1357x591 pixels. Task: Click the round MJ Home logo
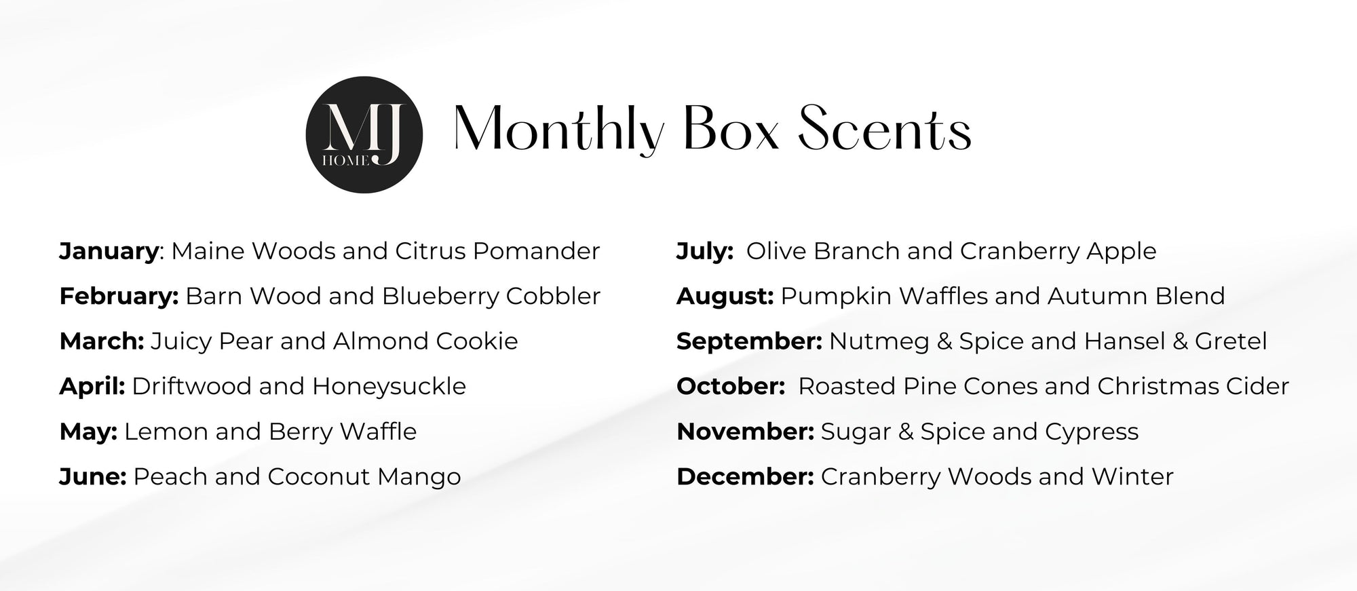pyautogui.click(x=364, y=134)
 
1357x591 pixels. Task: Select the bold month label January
pyautogui.click(x=109, y=252)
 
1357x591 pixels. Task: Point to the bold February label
pyautogui.click(x=119, y=297)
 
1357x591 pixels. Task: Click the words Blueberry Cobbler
pyautogui.click(x=491, y=296)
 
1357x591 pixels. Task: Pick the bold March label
pyautogui.click(x=102, y=341)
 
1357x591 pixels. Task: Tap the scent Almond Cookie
pyautogui.click(x=425, y=341)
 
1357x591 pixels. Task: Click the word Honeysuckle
pyautogui.click(x=389, y=387)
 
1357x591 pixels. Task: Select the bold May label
pyautogui.click(x=89, y=432)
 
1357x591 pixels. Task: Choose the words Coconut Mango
pyautogui.click(x=364, y=477)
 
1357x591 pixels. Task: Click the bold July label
pyautogui.click(x=705, y=252)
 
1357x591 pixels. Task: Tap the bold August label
pyautogui.click(x=725, y=297)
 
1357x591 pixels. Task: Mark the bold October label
pyautogui.click(x=731, y=386)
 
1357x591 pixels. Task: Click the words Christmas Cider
pyautogui.click(x=1193, y=386)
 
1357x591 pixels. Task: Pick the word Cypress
pyautogui.click(x=1092, y=432)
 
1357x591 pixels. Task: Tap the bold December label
pyautogui.click(x=745, y=476)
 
